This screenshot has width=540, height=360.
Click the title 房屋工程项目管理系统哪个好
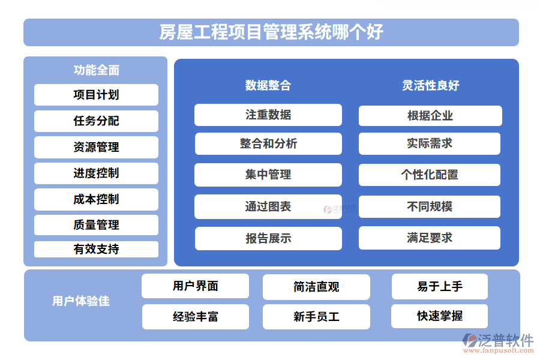click(x=271, y=32)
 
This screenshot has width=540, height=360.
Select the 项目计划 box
click(x=96, y=95)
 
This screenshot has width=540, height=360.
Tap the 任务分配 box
click(x=96, y=121)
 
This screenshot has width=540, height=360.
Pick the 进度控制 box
click(x=96, y=173)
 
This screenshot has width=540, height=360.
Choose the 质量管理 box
click(x=96, y=225)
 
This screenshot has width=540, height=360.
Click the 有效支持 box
click(x=96, y=249)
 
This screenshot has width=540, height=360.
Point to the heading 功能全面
click(x=97, y=70)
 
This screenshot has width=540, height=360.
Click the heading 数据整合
click(x=268, y=85)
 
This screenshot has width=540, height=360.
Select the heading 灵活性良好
click(x=430, y=85)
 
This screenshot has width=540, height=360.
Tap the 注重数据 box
click(x=268, y=115)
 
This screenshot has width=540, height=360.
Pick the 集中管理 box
click(x=268, y=175)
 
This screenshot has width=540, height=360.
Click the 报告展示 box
click(x=268, y=238)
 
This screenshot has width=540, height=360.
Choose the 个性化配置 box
click(x=430, y=175)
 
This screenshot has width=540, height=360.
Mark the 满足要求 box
click(x=430, y=238)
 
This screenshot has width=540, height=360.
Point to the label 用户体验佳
click(x=80, y=301)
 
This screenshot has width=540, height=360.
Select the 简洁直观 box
click(x=316, y=287)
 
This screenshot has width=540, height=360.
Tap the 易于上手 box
click(x=439, y=286)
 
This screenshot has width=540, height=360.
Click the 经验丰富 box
click(x=195, y=317)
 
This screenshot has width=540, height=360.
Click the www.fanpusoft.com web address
click(x=499, y=350)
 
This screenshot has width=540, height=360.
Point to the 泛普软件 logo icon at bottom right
click(x=469, y=340)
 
